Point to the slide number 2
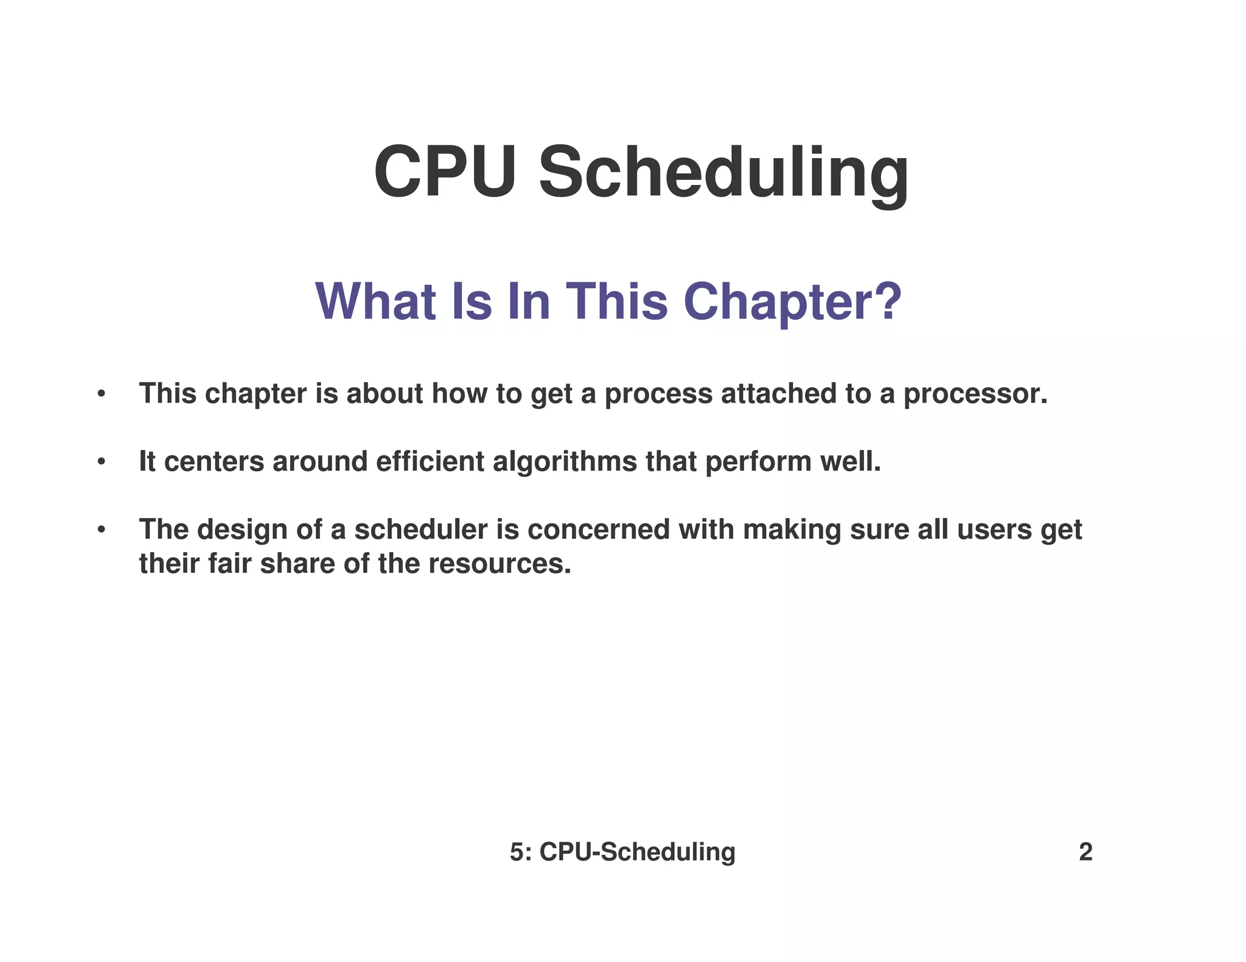[1085, 852]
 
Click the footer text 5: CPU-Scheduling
[622, 852]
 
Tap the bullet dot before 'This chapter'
[102, 394]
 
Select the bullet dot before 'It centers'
[102, 462]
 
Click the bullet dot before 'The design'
[102, 530]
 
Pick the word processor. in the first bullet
[975, 394]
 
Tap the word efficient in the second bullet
[430, 462]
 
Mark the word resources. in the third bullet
[499, 564]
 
